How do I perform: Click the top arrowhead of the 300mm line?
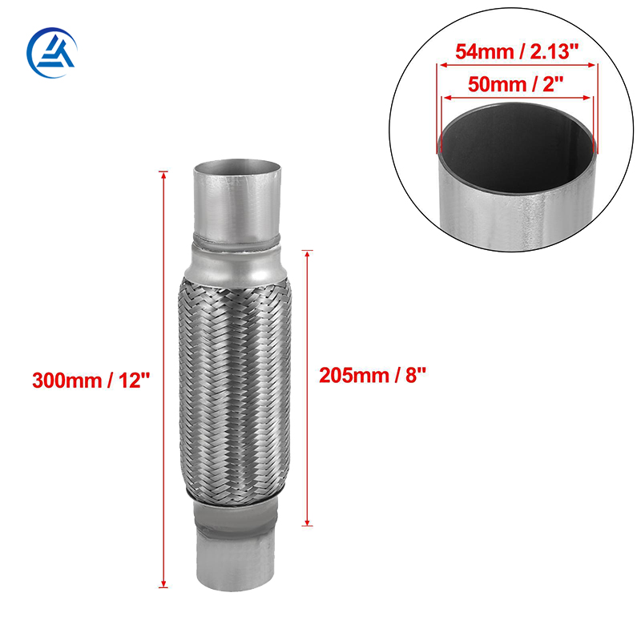coord(163,174)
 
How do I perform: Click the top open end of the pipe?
coord(238,169)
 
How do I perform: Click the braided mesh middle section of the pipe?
coord(234,385)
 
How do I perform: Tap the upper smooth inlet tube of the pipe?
coord(238,204)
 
